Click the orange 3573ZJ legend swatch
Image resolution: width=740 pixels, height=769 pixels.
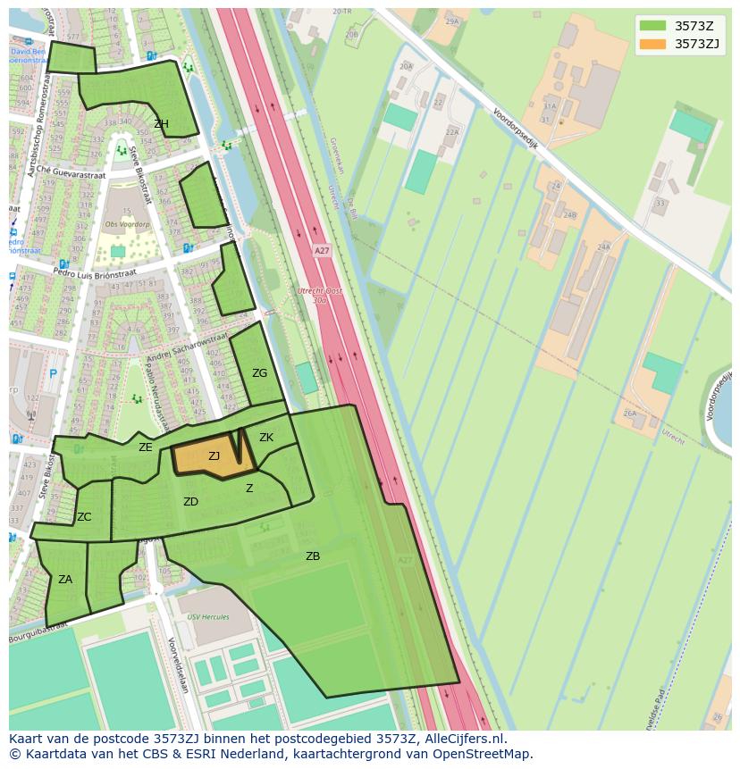[x=652, y=44]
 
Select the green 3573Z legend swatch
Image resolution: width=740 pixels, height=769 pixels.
[x=652, y=26]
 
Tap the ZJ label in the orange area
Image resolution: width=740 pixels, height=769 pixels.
[x=214, y=456]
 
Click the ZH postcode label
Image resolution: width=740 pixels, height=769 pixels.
[x=161, y=124]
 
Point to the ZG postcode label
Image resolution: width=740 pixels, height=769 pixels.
[x=259, y=373]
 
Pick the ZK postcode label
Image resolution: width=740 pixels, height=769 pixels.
[x=266, y=438]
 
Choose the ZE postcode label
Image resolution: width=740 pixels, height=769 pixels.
[x=145, y=447]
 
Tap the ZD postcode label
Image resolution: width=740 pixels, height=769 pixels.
[x=190, y=502]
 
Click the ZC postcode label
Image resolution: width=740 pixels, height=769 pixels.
[x=84, y=517]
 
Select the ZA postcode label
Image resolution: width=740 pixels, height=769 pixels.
[x=65, y=580]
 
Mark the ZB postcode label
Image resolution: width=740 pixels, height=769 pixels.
[x=313, y=556]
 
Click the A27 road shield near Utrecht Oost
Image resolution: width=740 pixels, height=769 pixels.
[x=322, y=251]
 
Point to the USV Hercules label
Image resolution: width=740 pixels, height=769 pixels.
[x=207, y=617]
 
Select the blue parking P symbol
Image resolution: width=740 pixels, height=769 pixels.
[x=53, y=374]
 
